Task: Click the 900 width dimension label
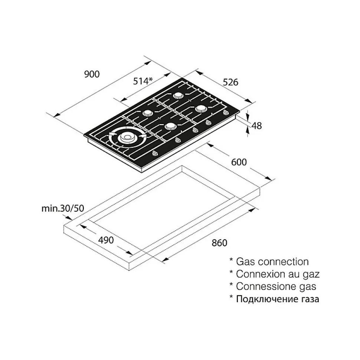pos(92,74)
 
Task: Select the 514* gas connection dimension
pos(143,81)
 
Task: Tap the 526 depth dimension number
pos(230,82)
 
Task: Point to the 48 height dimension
pos(256,126)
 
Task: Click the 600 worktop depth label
pos(239,162)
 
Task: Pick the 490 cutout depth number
pos(106,240)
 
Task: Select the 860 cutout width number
pos(219,243)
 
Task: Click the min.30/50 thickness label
pos(63,208)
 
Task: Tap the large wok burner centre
pos(127,138)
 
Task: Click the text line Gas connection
pos(272,262)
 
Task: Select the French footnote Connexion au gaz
pos(278,274)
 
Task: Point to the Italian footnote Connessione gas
pos(276,286)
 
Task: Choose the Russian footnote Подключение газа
pos(278,299)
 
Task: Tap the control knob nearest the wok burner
pos(155,153)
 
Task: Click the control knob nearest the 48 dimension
pos(226,112)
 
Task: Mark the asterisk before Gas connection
pos(231,260)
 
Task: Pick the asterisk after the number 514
pos(150,79)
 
